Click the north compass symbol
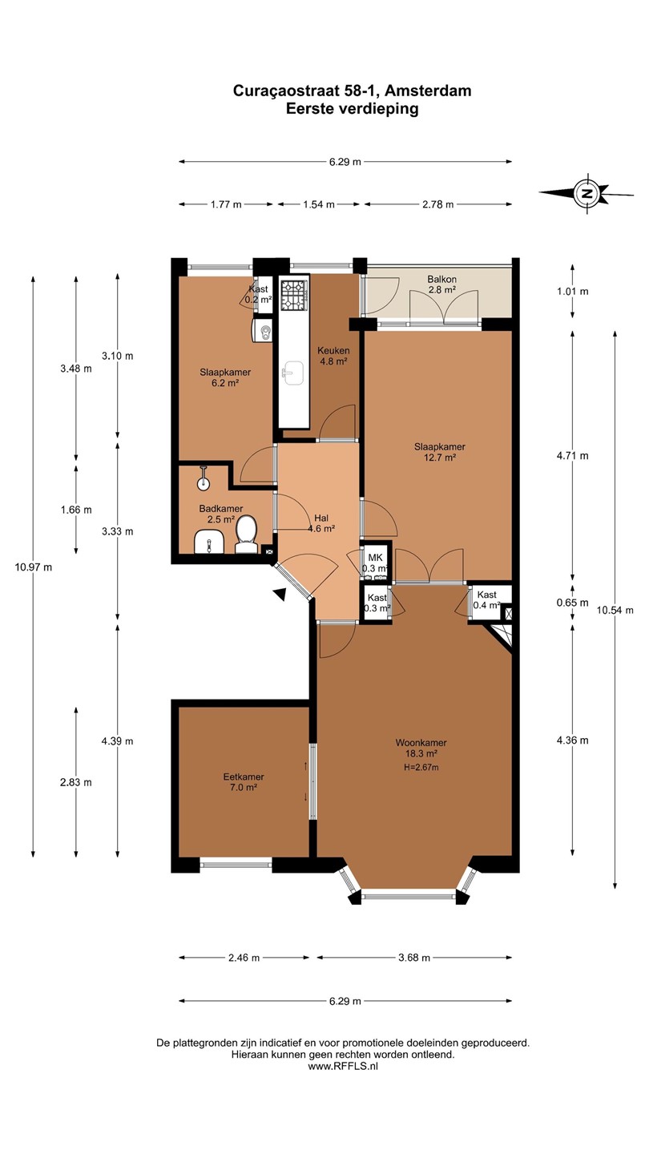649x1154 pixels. tap(587, 193)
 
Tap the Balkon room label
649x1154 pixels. tap(442, 279)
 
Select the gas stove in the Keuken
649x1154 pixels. tap(294, 295)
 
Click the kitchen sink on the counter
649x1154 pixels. tap(294, 373)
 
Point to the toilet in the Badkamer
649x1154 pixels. tap(247, 536)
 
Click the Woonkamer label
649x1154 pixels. tap(421, 742)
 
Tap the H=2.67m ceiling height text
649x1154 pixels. tap(421, 767)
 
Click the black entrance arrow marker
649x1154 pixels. tap(280, 594)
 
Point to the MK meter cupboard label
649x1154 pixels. tap(376, 558)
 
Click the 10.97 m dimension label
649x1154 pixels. tap(34, 567)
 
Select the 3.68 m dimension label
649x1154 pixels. tap(414, 958)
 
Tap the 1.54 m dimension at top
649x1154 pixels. tap(319, 204)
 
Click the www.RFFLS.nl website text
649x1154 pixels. tap(343, 1067)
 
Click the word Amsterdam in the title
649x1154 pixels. tap(428, 91)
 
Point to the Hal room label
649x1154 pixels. tap(321, 518)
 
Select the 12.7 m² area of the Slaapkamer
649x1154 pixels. tap(439, 458)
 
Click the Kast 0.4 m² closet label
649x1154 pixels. tap(487, 600)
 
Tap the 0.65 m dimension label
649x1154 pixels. tap(572, 603)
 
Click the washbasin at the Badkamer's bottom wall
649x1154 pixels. tap(208, 543)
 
